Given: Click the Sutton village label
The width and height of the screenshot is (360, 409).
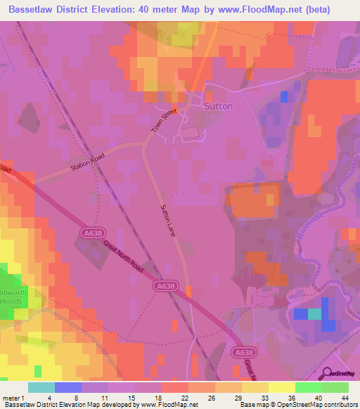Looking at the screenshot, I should [x=217, y=106].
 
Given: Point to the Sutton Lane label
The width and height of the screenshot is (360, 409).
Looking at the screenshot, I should [x=167, y=220].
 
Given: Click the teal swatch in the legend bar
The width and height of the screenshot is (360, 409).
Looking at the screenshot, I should [x=41, y=387].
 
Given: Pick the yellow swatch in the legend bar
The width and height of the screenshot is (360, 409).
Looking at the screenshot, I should [x=282, y=387].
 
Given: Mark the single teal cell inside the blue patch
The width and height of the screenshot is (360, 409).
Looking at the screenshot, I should [x=314, y=313].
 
